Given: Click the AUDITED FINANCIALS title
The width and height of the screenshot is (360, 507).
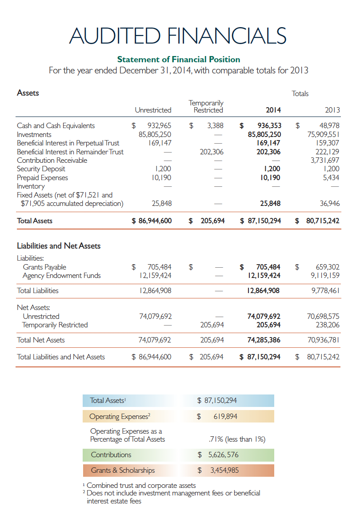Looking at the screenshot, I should (178, 36).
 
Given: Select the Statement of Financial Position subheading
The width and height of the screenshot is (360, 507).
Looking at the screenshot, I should (178, 60).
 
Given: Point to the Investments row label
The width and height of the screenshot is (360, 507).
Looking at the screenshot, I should (34, 134).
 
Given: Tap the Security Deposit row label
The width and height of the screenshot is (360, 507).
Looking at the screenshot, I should (41, 169).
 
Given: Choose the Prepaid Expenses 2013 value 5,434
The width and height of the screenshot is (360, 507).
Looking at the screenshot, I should (331, 177).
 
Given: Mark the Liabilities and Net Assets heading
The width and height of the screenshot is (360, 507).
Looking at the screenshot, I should (59, 246).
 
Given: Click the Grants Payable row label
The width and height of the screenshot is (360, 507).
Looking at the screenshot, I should (44, 267).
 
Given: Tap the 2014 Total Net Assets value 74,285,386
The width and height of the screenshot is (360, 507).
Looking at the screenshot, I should (264, 340).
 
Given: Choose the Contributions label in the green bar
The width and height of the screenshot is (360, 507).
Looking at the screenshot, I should (111, 455).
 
